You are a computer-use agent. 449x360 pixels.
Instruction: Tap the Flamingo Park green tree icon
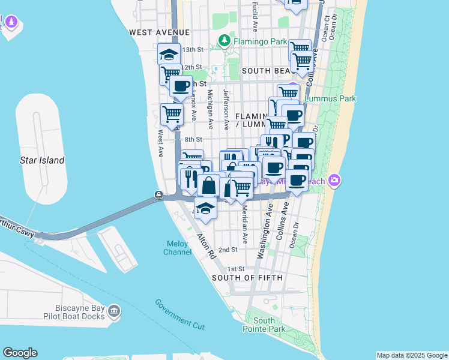(x=224, y=41)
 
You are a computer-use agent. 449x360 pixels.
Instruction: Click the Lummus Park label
(x=331, y=98)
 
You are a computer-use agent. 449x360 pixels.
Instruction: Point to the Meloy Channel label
(x=178, y=248)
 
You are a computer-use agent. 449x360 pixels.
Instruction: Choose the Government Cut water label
(x=179, y=314)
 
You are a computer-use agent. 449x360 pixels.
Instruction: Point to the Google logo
(x=20, y=353)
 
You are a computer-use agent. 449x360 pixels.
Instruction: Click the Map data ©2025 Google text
(x=412, y=355)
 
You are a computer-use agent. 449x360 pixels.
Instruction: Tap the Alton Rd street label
(x=205, y=247)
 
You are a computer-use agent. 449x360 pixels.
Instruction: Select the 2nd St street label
(x=228, y=250)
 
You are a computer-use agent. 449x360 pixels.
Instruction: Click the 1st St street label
(x=237, y=269)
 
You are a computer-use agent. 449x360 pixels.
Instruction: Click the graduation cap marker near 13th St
(x=169, y=53)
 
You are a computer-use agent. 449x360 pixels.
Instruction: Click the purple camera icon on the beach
(x=335, y=180)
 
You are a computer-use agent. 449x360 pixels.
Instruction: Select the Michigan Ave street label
(x=210, y=109)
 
